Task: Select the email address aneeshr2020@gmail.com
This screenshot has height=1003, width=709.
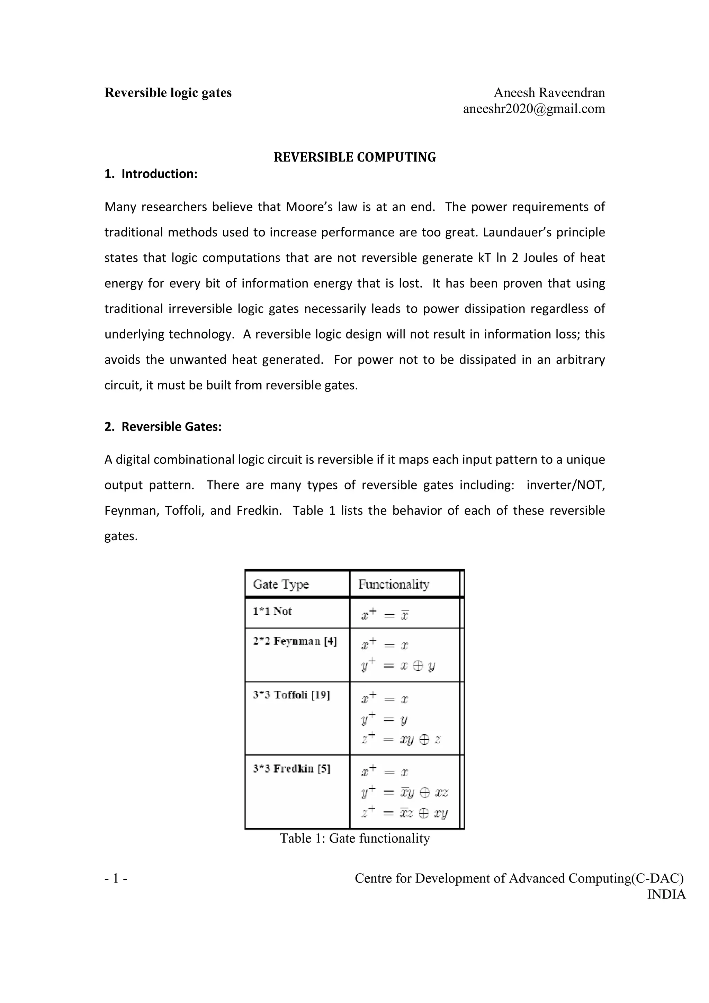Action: [x=534, y=109]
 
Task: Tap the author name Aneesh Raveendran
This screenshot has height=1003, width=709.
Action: [x=549, y=93]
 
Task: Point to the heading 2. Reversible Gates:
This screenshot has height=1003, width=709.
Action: [x=163, y=426]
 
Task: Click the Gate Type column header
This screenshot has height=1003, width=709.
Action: [x=281, y=584]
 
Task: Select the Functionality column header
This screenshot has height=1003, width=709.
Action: [x=394, y=584]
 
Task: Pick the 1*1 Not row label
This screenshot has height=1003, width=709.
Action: [x=272, y=611]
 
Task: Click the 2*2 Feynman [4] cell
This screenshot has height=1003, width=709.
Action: [x=295, y=641]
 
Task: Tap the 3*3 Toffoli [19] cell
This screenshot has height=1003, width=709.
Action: [x=291, y=695]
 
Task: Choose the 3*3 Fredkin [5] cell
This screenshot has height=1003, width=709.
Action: [x=291, y=768]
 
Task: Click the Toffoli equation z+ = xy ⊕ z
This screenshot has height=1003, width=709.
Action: [x=401, y=739]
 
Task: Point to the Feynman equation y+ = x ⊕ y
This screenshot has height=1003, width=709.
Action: [x=398, y=666]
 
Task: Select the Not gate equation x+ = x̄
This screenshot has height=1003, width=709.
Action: [x=385, y=615]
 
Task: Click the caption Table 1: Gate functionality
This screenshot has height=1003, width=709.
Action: [x=355, y=838]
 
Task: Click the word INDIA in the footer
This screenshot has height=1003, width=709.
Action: [x=666, y=894]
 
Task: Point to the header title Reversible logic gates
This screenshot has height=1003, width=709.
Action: [x=168, y=93]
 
